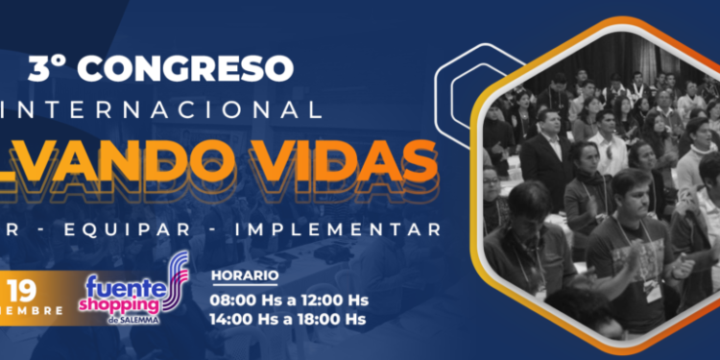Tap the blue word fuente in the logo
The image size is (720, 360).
pos(120,285)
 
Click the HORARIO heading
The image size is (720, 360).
pos(245,276)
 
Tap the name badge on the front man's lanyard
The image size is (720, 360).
pos(653,288)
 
